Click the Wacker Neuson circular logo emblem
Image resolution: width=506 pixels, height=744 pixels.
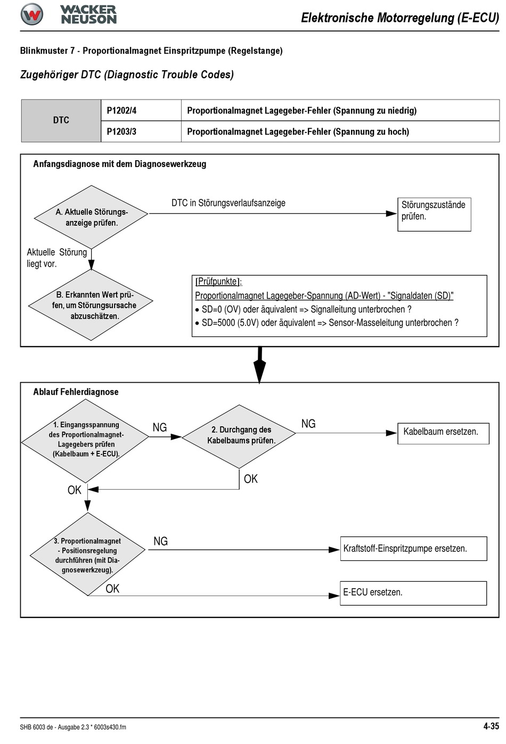(x=31, y=14)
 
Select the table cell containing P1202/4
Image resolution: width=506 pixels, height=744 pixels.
(x=141, y=110)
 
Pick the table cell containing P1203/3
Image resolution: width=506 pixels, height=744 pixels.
(x=141, y=131)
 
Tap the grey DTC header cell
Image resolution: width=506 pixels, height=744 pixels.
(x=61, y=121)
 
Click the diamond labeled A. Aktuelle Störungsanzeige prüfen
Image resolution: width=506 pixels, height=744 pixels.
(x=91, y=217)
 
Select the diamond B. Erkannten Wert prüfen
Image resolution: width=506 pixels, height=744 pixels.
(x=91, y=305)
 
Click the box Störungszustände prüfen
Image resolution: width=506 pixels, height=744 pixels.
(x=434, y=214)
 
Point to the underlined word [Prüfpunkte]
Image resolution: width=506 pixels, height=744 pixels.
(x=218, y=282)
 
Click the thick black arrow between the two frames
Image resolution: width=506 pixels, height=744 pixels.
(x=259, y=365)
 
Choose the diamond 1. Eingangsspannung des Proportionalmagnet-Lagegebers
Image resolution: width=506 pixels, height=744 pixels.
(x=85, y=441)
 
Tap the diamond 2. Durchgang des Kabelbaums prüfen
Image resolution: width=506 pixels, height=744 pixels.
(x=239, y=436)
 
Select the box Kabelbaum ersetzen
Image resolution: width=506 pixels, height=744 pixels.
(x=443, y=433)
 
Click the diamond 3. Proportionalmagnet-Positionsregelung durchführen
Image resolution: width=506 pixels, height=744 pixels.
(x=87, y=554)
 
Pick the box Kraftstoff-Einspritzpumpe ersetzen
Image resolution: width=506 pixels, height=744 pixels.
(x=413, y=548)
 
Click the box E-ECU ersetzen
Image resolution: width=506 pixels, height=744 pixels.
(x=413, y=593)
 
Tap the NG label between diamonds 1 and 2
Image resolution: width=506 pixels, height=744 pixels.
(x=160, y=427)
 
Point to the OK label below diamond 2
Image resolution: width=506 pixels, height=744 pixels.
(x=251, y=478)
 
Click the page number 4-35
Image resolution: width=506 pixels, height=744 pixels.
(x=491, y=726)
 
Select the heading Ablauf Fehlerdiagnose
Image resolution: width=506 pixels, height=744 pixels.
(x=76, y=392)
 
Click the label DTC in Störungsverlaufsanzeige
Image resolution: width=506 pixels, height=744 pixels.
(x=228, y=203)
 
